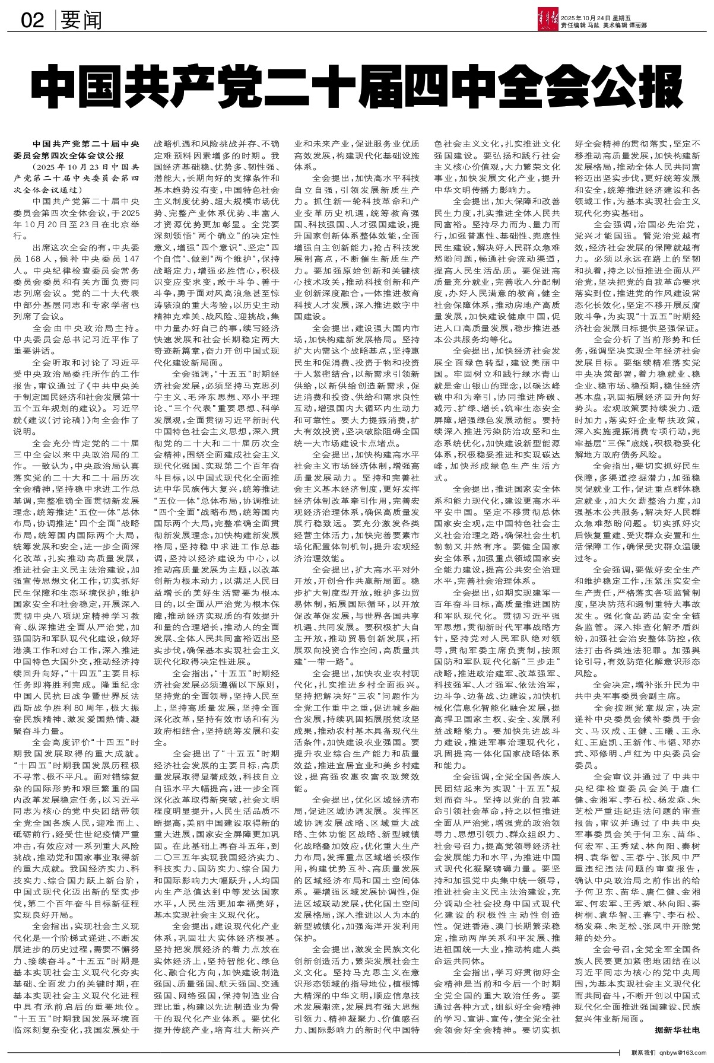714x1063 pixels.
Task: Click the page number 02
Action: coord(33,21)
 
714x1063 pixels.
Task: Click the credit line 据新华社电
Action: coord(677,1029)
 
